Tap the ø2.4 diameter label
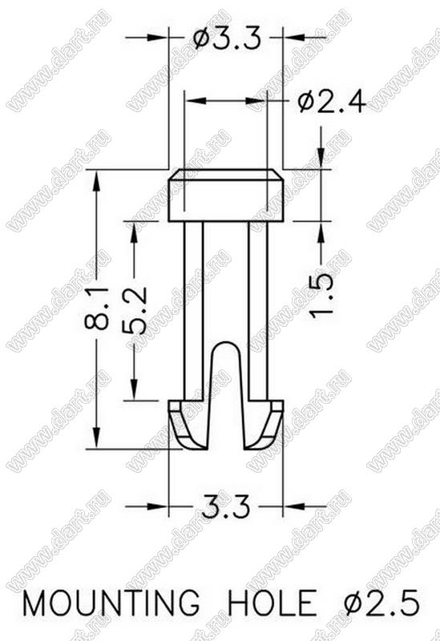[332, 102]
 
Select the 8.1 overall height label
[96, 308]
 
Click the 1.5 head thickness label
[321, 295]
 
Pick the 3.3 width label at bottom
[225, 508]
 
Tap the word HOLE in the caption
[272, 603]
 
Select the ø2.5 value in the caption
[382, 603]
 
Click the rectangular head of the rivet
[226, 196]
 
